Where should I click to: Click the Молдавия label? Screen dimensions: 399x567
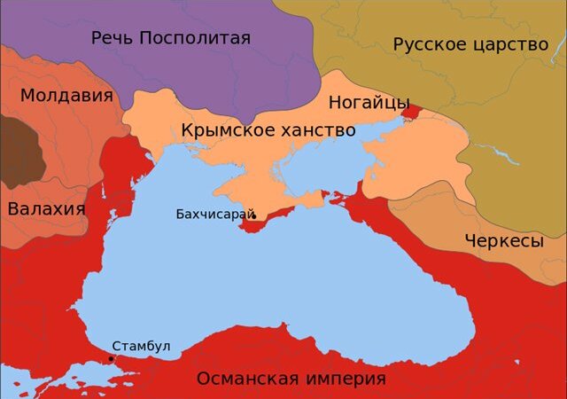(66, 96)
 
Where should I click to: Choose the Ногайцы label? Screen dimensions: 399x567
(369, 102)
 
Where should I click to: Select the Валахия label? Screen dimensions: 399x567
(46, 209)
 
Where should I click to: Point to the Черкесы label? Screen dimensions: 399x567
(503, 241)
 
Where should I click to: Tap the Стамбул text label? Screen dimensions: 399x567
(141, 346)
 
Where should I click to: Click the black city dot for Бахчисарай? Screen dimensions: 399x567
(253, 215)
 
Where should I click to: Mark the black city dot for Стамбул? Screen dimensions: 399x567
(111, 358)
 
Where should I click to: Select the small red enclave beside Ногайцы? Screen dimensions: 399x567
(411, 111)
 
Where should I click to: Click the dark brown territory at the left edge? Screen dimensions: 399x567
(19, 151)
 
